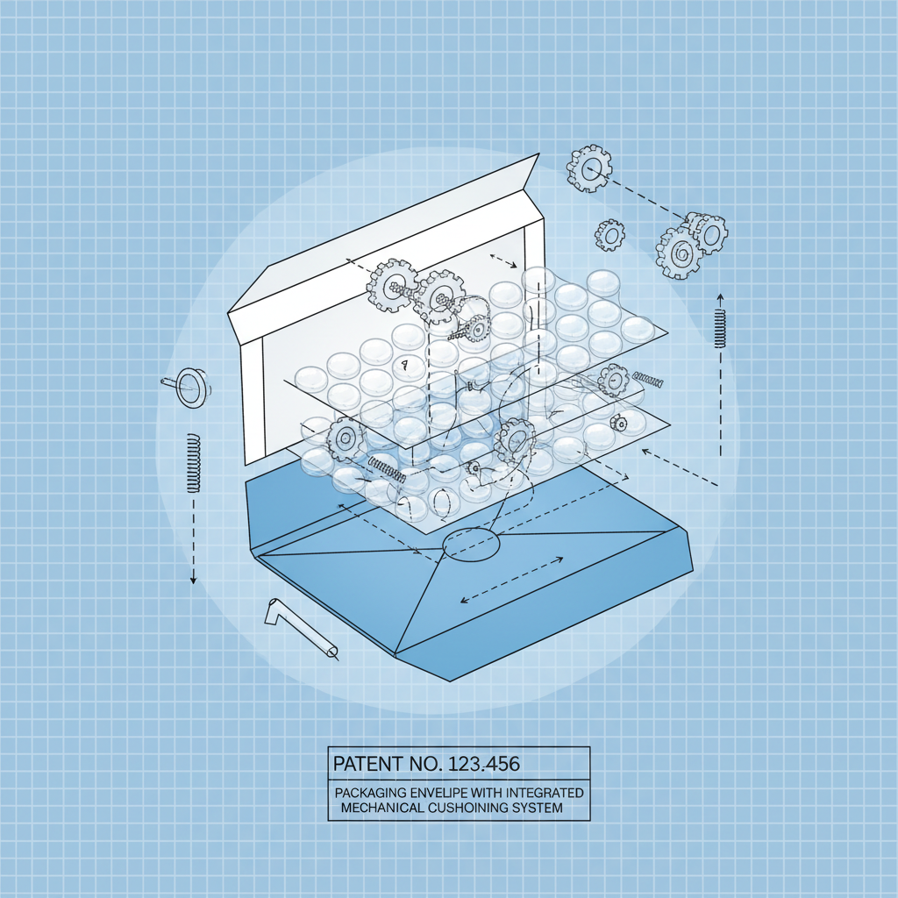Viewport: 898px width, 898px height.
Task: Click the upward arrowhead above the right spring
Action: (720, 295)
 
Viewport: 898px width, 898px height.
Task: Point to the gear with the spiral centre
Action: (680, 253)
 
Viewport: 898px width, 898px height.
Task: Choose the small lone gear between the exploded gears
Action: (609, 235)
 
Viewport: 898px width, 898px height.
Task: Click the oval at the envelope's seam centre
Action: (471, 544)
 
